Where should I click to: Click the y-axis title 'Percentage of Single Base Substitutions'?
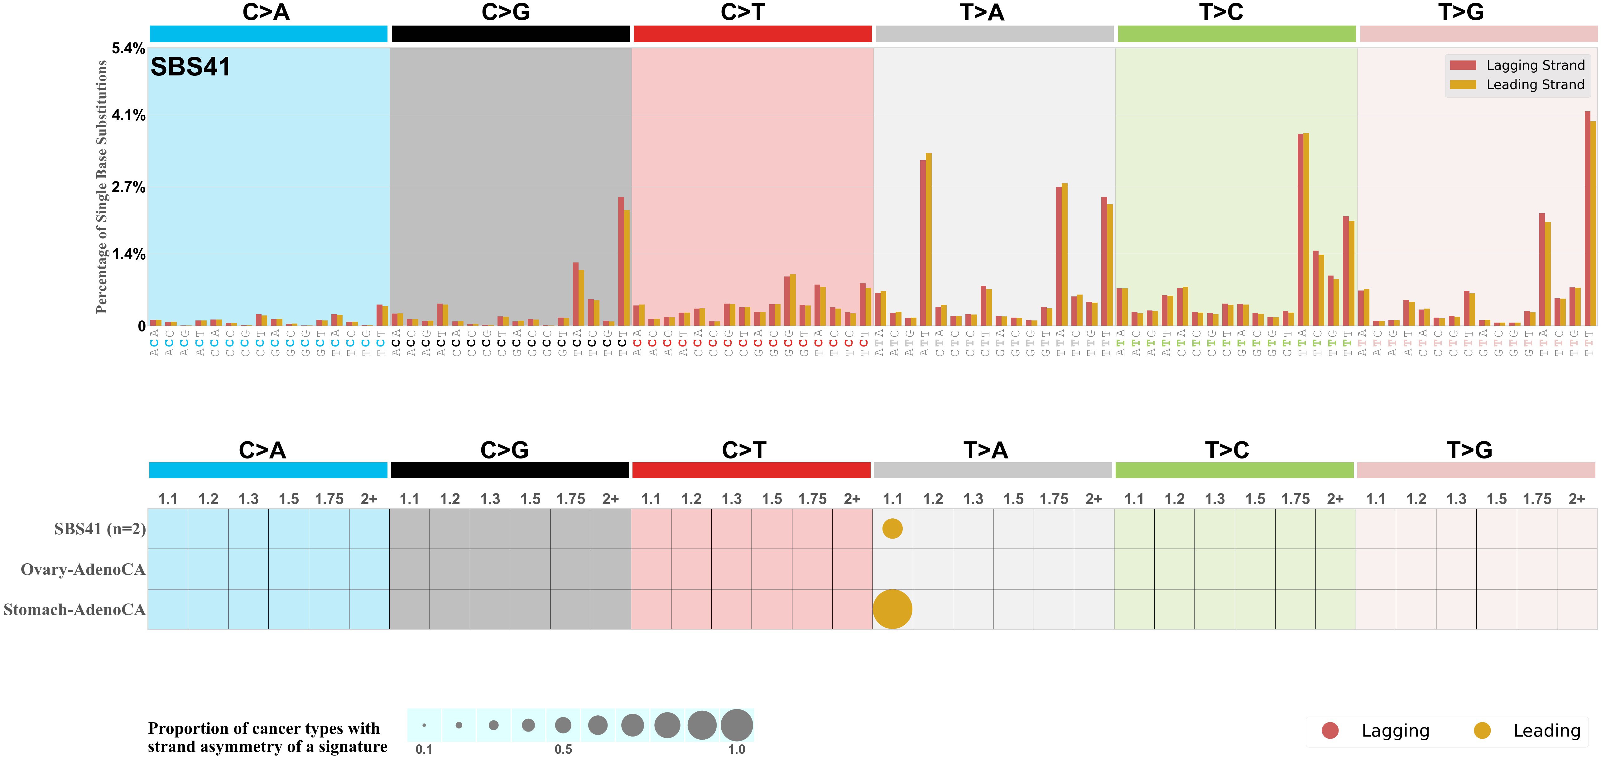pyautogui.click(x=101, y=186)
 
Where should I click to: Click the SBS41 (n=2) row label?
pyautogui.click(x=99, y=529)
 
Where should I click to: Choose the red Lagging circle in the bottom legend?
pyautogui.click(x=1330, y=730)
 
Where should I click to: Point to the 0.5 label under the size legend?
pyautogui.click(x=563, y=749)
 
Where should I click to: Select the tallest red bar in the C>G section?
pyautogui.click(x=621, y=261)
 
